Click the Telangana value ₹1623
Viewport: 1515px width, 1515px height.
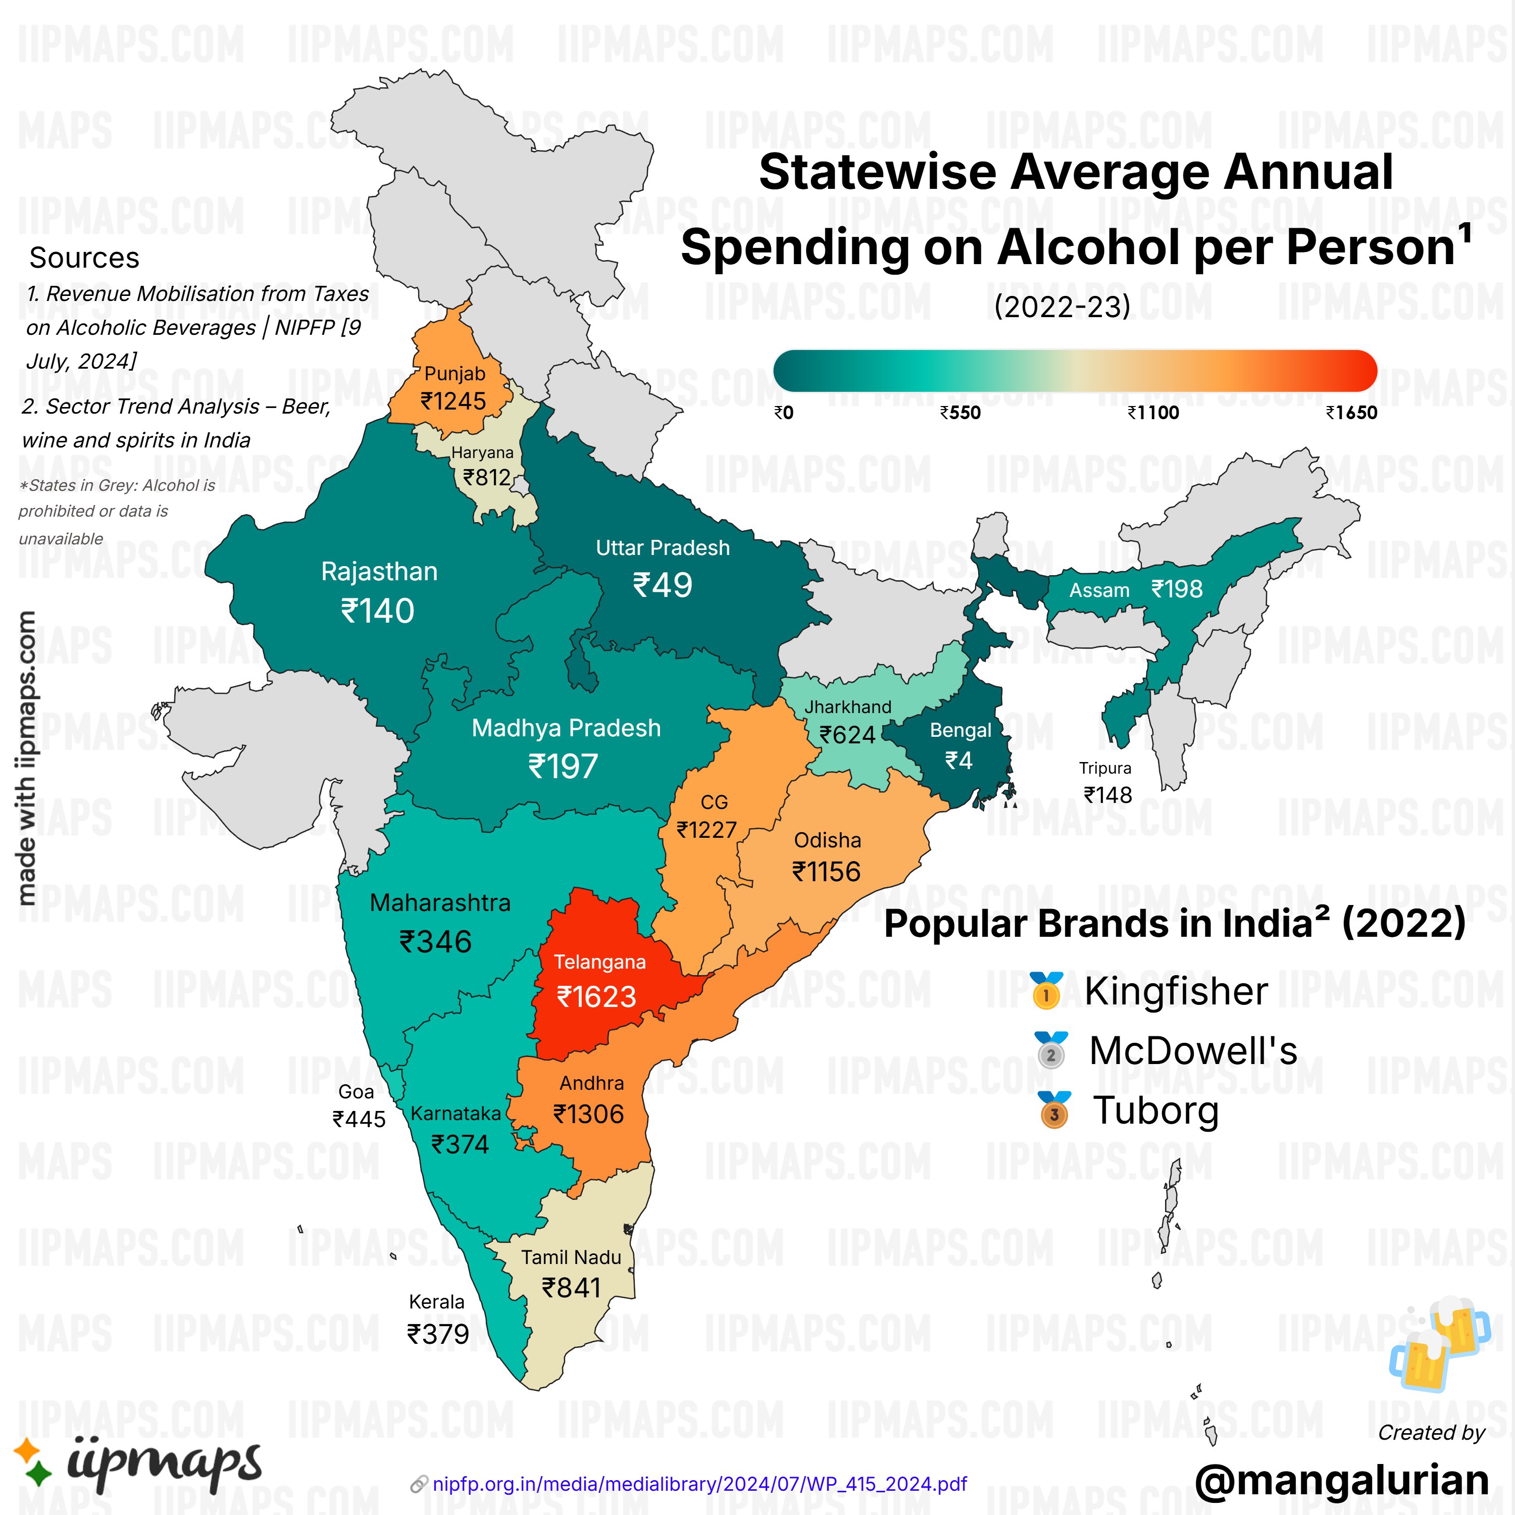596,997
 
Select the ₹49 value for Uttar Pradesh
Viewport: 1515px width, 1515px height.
663,585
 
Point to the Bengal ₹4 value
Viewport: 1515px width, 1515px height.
958,761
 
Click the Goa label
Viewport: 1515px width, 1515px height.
356,1091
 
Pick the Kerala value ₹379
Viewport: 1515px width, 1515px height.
437,1334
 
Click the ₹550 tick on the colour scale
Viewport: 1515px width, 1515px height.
961,413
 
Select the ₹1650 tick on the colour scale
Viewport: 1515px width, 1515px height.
1351,413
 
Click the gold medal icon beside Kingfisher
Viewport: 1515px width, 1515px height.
1046,990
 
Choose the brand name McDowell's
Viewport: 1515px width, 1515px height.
1193,1051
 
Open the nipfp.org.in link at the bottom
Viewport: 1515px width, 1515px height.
699,1484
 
